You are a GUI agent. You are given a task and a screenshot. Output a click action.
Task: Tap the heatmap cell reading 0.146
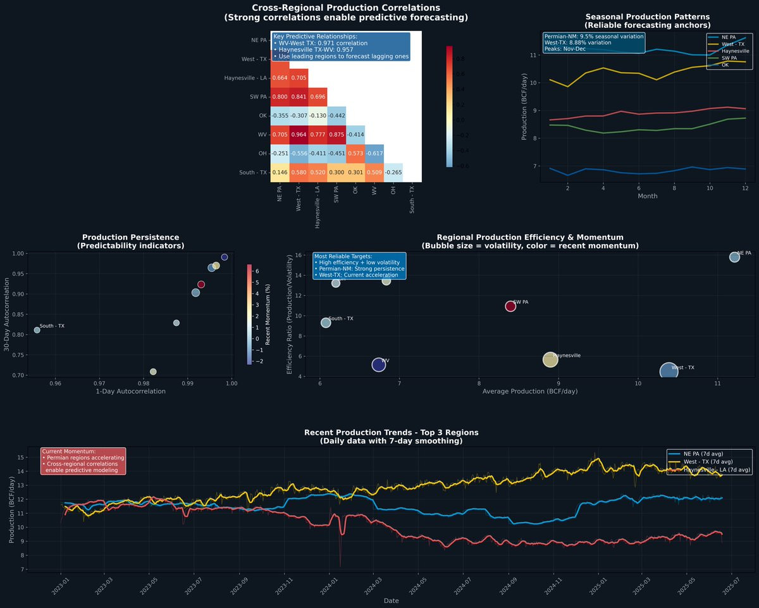click(280, 172)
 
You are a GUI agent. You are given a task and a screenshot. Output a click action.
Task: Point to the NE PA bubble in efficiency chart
click(734, 257)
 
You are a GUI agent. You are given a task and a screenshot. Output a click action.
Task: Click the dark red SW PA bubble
click(511, 306)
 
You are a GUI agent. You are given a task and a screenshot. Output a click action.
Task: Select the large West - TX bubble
click(669, 371)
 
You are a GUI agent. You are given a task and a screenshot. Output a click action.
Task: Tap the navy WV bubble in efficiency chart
click(378, 364)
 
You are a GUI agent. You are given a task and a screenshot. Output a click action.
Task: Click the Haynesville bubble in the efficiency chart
click(550, 360)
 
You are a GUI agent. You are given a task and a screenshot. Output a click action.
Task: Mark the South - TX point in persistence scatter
click(37, 330)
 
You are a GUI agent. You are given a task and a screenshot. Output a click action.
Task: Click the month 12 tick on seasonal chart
click(746, 189)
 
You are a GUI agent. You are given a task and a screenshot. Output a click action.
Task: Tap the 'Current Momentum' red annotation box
click(83, 461)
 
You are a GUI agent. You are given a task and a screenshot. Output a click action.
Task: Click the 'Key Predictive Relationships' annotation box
click(340, 46)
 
